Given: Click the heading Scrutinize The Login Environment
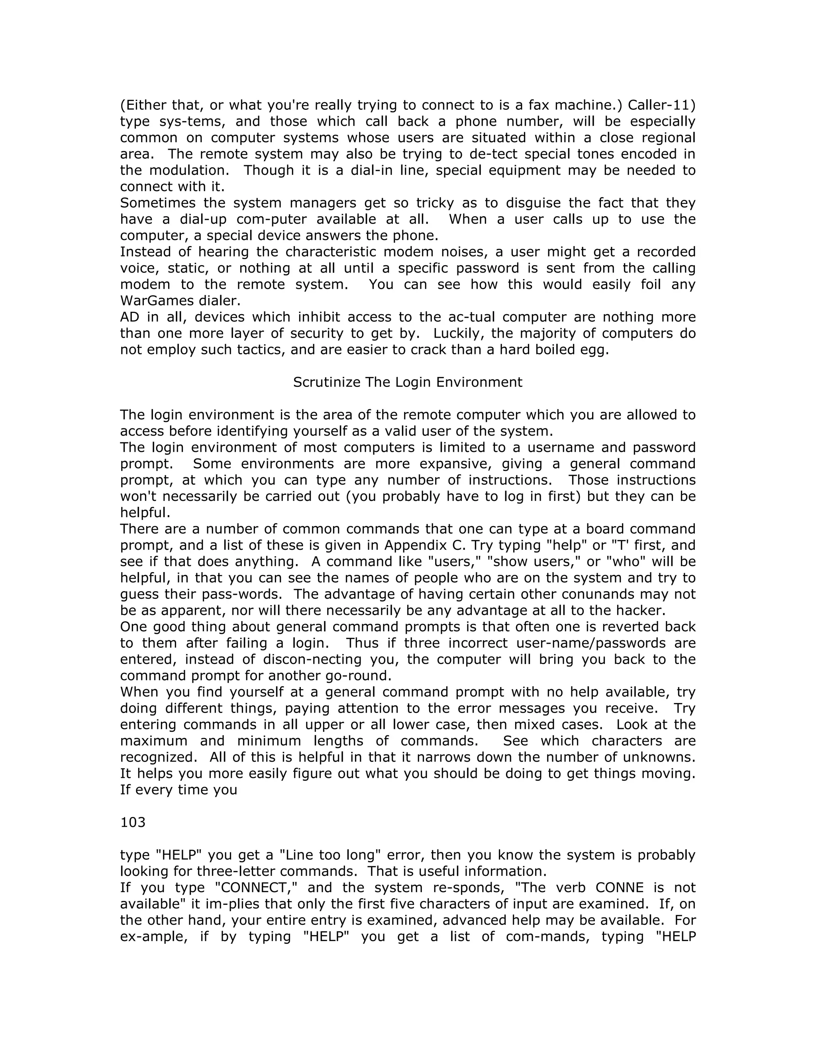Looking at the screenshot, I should pyautogui.click(x=408, y=382).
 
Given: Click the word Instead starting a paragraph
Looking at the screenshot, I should pyautogui.click(x=145, y=252).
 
